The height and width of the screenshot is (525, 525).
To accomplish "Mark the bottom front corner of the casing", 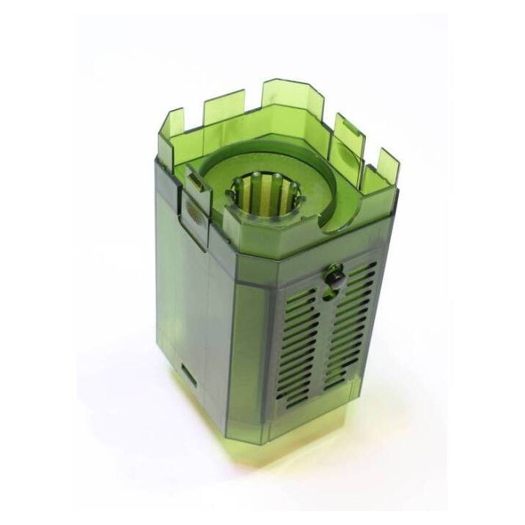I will (x=273, y=437).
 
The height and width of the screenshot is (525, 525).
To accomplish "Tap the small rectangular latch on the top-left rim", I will (x=195, y=179).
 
